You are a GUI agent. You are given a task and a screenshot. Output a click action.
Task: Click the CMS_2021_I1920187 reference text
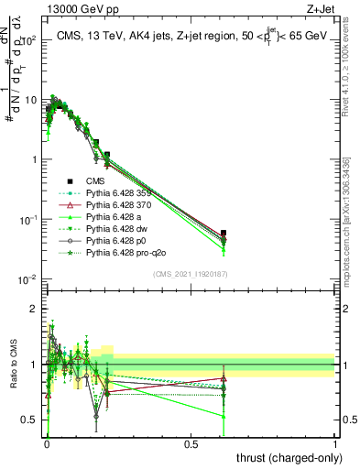[190, 274]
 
